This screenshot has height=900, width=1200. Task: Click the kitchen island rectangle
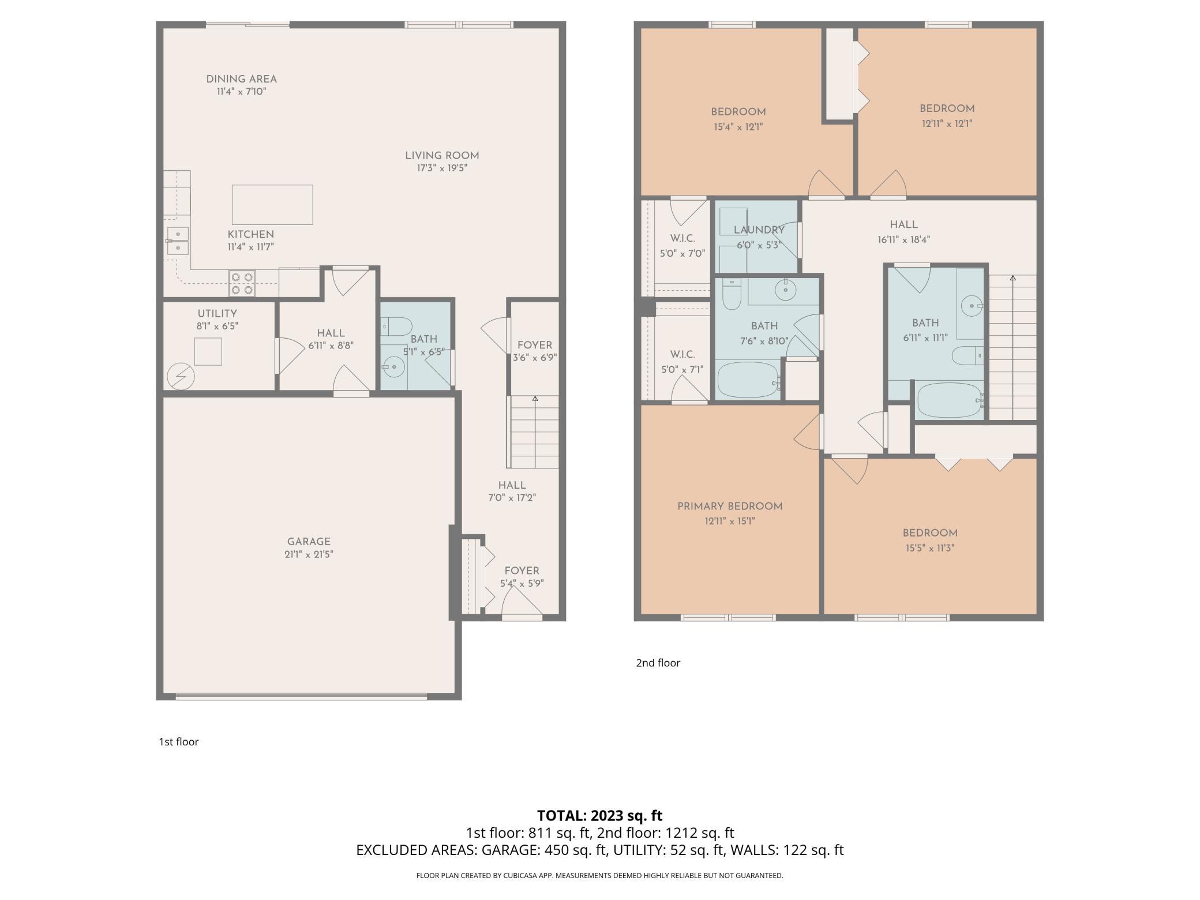tap(272, 205)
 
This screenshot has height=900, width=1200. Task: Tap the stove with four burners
tap(242, 283)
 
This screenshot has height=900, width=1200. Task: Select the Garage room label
tap(309, 541)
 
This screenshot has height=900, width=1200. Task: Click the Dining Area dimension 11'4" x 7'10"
tap(241, 92)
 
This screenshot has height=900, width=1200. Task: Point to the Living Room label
tap(442, 155)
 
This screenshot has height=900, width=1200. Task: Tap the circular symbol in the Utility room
tap(181, 377)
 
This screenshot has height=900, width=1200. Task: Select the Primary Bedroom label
tap(730, 506)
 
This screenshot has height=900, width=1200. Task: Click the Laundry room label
tap(759, 230)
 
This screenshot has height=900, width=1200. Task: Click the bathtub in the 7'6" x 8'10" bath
tap(748, 380)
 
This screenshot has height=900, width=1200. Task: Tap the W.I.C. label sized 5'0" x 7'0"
tap(682, 238)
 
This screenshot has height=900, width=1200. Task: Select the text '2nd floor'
tap(658, 663)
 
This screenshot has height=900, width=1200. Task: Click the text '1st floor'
tap(179, 742)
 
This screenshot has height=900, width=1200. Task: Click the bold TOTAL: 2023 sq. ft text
tap(599, 815)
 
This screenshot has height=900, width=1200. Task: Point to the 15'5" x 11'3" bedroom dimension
tap(929, 548)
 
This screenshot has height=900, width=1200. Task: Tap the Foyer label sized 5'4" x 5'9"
tap(522, 571)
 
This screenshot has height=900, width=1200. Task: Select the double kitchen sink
tap(178, 241)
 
